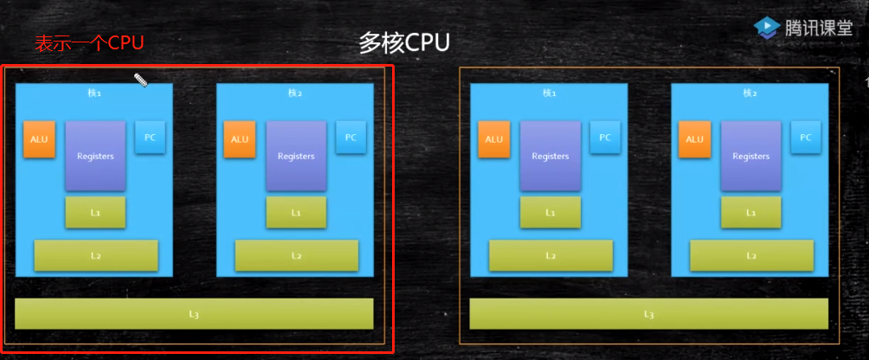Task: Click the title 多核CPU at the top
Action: pos(404,43)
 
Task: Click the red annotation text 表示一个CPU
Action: pos(88,43)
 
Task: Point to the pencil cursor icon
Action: pos(140,80)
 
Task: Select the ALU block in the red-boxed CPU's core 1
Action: pos(39,139)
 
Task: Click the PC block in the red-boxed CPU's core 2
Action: pos(351,137)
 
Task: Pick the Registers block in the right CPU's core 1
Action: pos(550,156)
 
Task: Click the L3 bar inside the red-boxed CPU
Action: pos(194,313)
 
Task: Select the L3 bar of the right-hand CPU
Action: pos(648,313)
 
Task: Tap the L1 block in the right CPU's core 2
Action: pos(750,212)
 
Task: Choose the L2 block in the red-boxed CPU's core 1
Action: pos(96,255)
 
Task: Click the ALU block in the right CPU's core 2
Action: pos(694,139)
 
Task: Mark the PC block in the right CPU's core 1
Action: pos(605,137)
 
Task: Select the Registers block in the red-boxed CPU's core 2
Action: pos(296,156)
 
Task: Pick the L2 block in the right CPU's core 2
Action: pos(751,255)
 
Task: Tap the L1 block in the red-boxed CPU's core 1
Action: pos(95,212)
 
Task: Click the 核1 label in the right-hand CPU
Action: pos(550,93)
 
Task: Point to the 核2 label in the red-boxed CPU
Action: pos(295,93)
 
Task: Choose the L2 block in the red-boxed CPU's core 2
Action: pos(296,255)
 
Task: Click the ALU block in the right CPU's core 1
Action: pos(493,139)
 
